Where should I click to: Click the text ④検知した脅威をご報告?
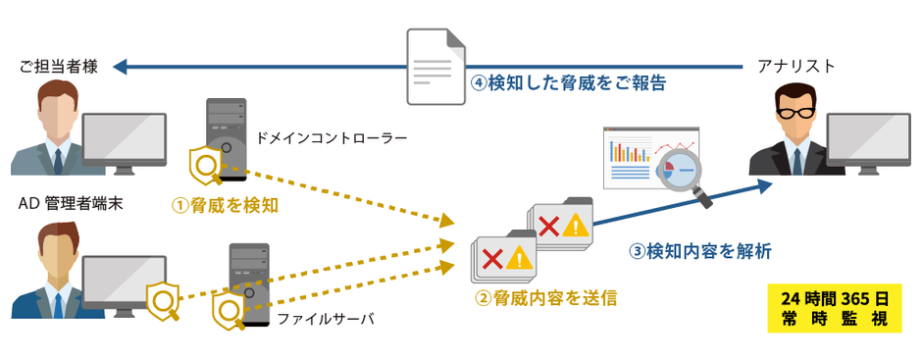point(569,84)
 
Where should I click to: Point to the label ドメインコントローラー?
point(331,138)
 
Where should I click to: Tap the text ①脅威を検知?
point(226,205)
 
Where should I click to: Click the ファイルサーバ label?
point(325,320)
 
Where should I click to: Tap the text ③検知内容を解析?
point(699,251)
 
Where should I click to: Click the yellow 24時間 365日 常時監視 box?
point(834,309)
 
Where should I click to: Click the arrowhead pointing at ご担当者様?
point(121,67)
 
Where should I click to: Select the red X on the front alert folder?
point(494,257)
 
